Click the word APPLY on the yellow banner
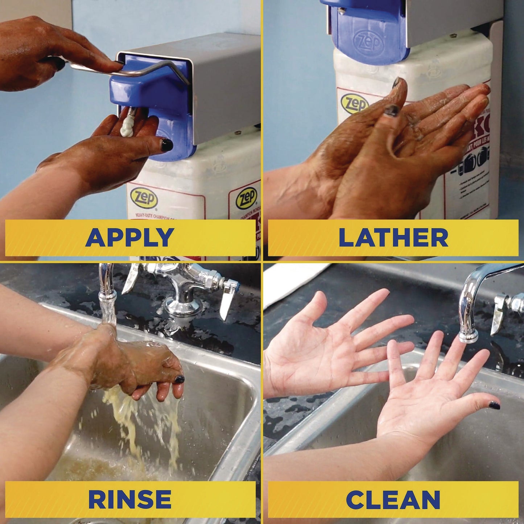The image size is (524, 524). tap(130, 238)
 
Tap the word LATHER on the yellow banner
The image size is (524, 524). tap(393, 238)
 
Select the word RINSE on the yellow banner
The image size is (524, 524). tap(130, 499)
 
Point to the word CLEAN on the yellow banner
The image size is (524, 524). tap(393, 499)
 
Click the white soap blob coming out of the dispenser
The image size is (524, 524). tap(127, 125)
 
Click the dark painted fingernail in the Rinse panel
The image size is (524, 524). tap(179, 379)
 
